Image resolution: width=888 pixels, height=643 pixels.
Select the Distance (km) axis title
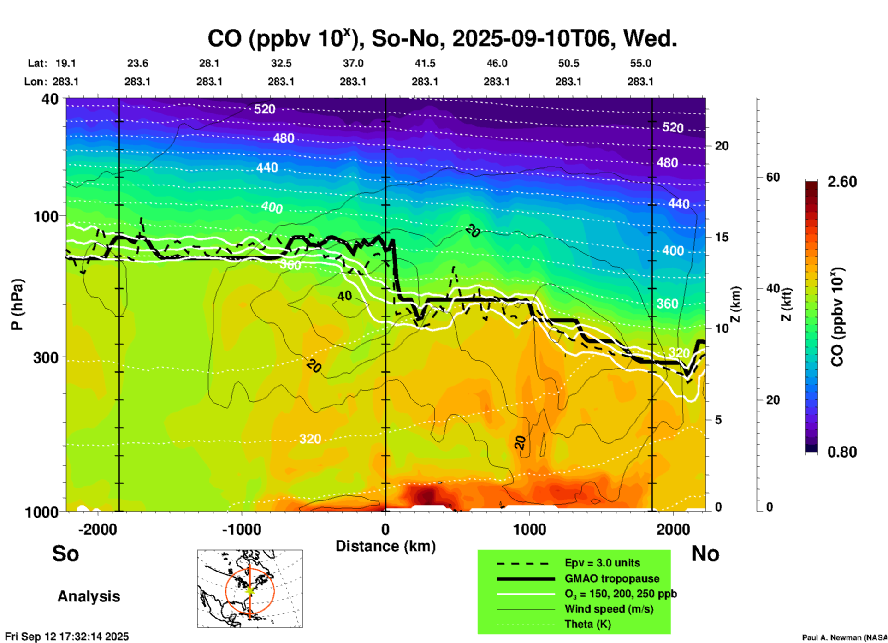point(385,546)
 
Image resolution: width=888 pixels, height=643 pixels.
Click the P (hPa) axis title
point(17,304)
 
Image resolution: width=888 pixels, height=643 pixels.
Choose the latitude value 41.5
point(425,63)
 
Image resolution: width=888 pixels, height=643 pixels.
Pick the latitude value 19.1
point(65,63)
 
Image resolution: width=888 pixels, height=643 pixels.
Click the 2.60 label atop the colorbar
point(842,182)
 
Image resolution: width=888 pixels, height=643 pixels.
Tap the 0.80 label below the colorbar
point(842,452)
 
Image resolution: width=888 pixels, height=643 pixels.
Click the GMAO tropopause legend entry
point(612,578)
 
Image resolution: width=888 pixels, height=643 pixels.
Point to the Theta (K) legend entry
point(587,624)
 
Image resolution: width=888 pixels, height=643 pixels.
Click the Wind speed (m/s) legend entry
point(609,609)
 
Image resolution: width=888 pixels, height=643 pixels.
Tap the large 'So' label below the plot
point(65,554)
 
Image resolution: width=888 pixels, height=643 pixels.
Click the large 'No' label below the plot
point(705,554)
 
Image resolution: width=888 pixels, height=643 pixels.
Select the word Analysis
point(89,596)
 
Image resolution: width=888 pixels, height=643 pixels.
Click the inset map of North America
point(250,589)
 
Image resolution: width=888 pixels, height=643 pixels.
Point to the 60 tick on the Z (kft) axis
point(773,177)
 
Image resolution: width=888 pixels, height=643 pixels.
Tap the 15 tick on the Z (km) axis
point(722,237)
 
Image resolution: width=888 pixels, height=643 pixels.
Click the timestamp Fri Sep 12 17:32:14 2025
point(67,637)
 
